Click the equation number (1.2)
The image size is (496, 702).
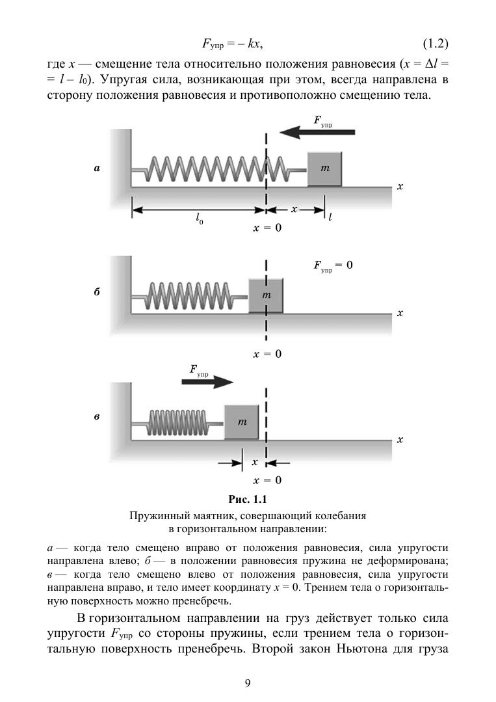[436, 45]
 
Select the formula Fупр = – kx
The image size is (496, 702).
[231, 45]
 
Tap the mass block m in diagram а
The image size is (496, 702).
[325, 169]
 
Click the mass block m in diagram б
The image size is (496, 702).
[266, 295]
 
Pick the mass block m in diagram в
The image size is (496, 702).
[242, 422]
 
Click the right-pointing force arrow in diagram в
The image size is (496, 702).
[207, 382]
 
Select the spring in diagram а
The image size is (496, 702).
[218, 170]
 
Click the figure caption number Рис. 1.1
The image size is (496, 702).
[248, 500]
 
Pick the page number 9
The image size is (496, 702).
[248, 682]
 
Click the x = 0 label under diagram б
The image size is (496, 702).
[267, 354]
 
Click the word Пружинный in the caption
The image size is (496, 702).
[156, 515]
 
